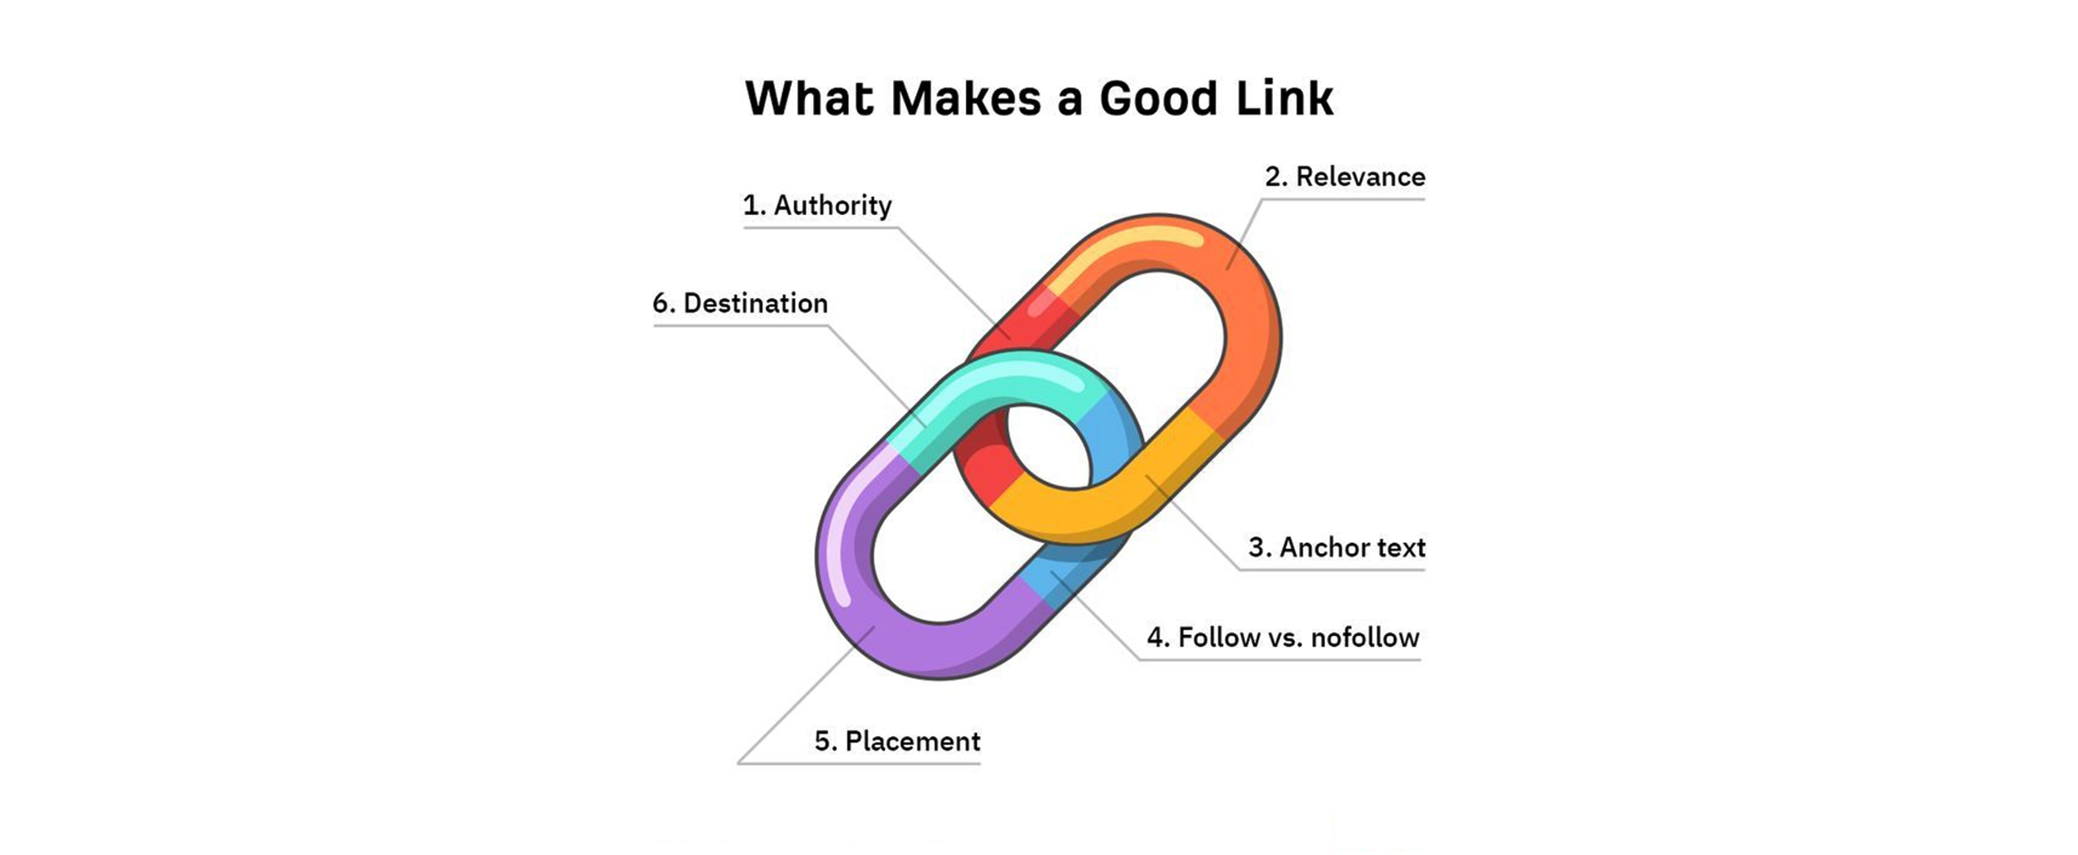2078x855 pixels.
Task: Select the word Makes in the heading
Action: (966, 99)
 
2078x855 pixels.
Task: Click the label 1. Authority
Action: (817, 205)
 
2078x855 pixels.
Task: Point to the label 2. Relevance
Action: (1345, 177)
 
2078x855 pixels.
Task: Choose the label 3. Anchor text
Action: (1336, 547)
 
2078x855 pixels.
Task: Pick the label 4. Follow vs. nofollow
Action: (1283, 637)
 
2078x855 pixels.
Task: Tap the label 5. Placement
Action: (896, 741)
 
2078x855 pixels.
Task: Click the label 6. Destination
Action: (740, 303)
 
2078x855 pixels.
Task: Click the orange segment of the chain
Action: (1247, 326)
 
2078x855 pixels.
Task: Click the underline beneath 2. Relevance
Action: (1345, 199)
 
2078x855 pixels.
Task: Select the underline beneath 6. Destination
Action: (740, 326)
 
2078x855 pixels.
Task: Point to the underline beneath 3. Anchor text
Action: (1332, 569)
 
